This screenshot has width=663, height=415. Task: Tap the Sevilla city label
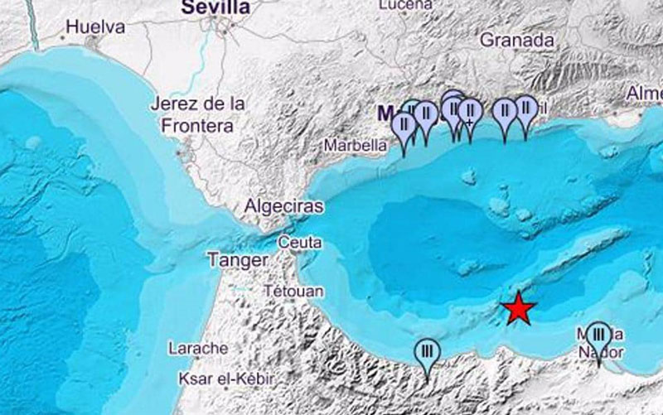click(x=215, y=7)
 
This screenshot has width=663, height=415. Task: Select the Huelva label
click(x=95, y=27)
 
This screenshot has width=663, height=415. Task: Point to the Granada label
click(x=517, y=40)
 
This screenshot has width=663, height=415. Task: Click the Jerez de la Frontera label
click(x=199, y=115)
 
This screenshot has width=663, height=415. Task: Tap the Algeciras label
click(x=284, y=207)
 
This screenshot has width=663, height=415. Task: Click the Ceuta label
click(x=301, y=242)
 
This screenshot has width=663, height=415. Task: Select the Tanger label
click(x=237, y=260)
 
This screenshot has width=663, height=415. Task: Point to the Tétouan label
click(x=293, y=292)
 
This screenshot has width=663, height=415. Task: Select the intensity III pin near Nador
click(x=598, y=335)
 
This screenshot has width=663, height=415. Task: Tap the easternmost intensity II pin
click(x=525, y=109)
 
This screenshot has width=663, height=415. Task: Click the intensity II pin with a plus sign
click(x=470, y=111)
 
